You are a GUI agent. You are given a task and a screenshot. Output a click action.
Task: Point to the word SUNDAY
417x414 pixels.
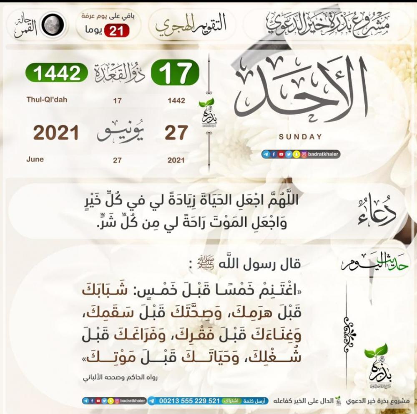point(300,137)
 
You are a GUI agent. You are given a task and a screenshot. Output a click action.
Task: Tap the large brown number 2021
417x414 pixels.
point(56,133)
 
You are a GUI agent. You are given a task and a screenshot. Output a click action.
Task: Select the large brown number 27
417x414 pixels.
point(176,133)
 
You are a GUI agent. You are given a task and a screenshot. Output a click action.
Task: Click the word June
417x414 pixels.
point(35,159)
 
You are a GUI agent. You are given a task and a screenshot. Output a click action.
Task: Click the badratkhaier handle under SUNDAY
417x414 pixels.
point(321,155)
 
